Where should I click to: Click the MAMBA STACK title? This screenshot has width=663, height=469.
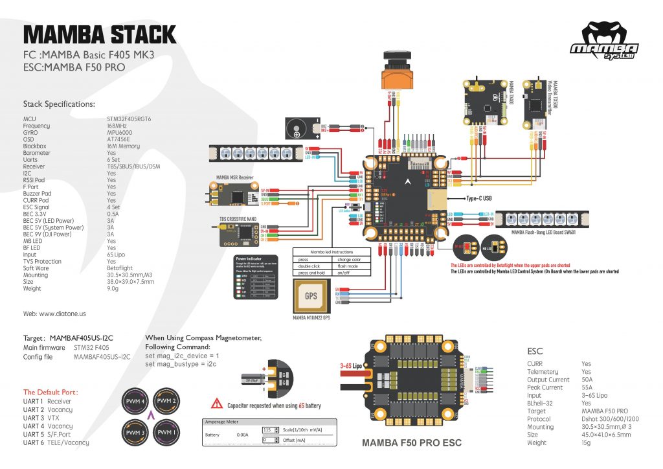tap(99, 34)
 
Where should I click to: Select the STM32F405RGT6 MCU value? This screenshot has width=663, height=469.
tap(129, 119)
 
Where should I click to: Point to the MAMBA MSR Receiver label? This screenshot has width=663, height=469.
tap(234, 176)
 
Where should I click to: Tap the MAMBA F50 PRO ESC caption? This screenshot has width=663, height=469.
tap(412, 443)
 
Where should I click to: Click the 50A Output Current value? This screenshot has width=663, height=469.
tap(589, 380)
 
